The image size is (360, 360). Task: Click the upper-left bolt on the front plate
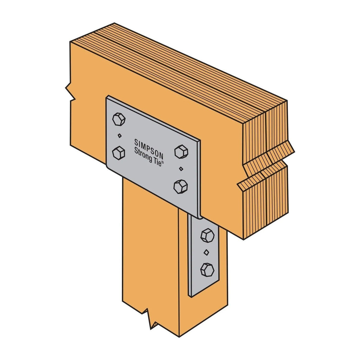[119, 119]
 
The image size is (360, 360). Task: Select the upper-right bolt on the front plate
[181, 152]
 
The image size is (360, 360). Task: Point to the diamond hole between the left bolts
[119, 136]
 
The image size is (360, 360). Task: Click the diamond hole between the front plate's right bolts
[181, 169]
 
